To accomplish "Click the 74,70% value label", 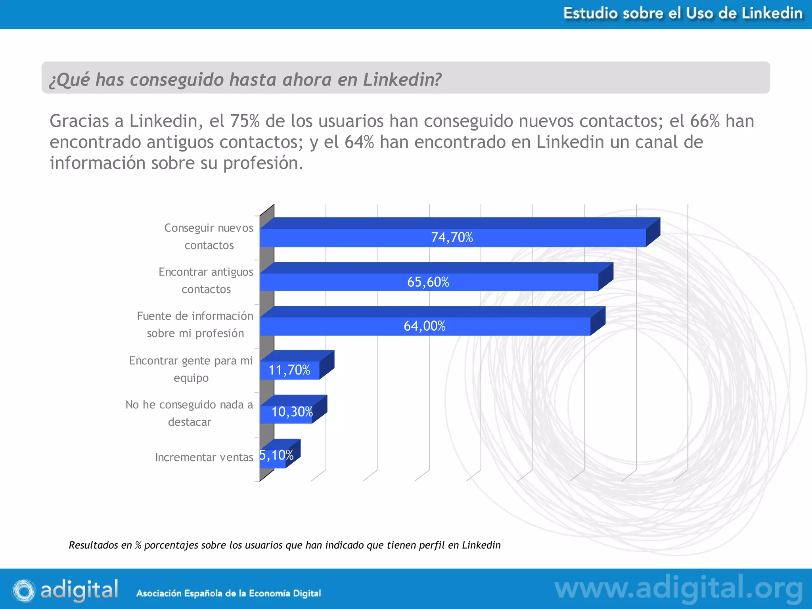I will click(452, 237).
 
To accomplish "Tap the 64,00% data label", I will click(424, 326).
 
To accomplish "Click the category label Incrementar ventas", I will click(204, 458).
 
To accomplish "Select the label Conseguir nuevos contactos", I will click(209, 237).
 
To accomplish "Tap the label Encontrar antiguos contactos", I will click(206, 281).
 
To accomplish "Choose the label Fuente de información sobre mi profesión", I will click(195, 325).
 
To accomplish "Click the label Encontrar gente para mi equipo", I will click(191, 369).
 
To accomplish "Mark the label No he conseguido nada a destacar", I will click(189, 413).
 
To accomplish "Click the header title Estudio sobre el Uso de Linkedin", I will click(683, 13).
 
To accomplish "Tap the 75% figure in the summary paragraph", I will click(245, 121).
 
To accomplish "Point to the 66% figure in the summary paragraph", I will click(705, 121).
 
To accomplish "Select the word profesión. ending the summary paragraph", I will click(263, 163).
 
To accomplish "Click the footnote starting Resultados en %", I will click(284, 545).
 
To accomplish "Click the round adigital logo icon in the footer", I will click(23, 590).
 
